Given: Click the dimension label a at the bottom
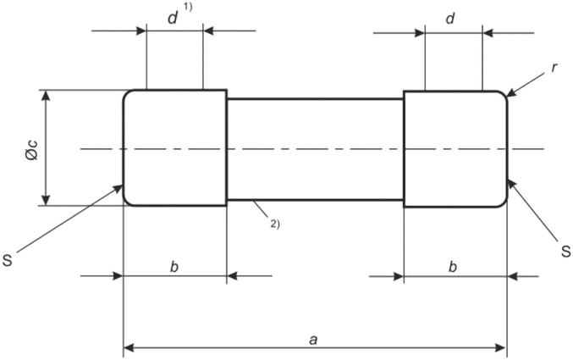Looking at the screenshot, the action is (x=313, y=340).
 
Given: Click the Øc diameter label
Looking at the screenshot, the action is (x=32, y=150).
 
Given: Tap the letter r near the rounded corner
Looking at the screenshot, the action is (x=554, y=68).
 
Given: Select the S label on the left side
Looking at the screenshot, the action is (x=8, y=261).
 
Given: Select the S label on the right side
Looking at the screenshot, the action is (x=565, y=252).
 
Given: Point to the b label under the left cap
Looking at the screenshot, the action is (x=174, y=267).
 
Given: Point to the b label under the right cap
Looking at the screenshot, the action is (x=453, y=267).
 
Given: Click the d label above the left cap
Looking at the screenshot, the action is (x=173, y=18).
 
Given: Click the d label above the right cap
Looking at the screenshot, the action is (x=450, y=18).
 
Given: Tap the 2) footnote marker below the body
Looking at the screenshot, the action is (x=275, y=224).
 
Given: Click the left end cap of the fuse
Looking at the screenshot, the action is (x=174, y=147).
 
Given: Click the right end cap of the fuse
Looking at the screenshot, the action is (x=455, y=149).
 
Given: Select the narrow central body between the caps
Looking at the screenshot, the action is (x=316, y=149).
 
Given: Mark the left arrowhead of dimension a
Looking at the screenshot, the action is (x=129, y=347).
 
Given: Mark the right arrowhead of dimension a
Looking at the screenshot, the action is (x=501, y=347).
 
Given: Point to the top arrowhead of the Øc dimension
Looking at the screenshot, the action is (x=46, y=95).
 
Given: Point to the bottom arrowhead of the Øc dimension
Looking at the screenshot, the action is (x=46, y=200).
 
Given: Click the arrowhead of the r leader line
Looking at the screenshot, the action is (x=511, y=93).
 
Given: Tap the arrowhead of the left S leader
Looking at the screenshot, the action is (x=118, y=188).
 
